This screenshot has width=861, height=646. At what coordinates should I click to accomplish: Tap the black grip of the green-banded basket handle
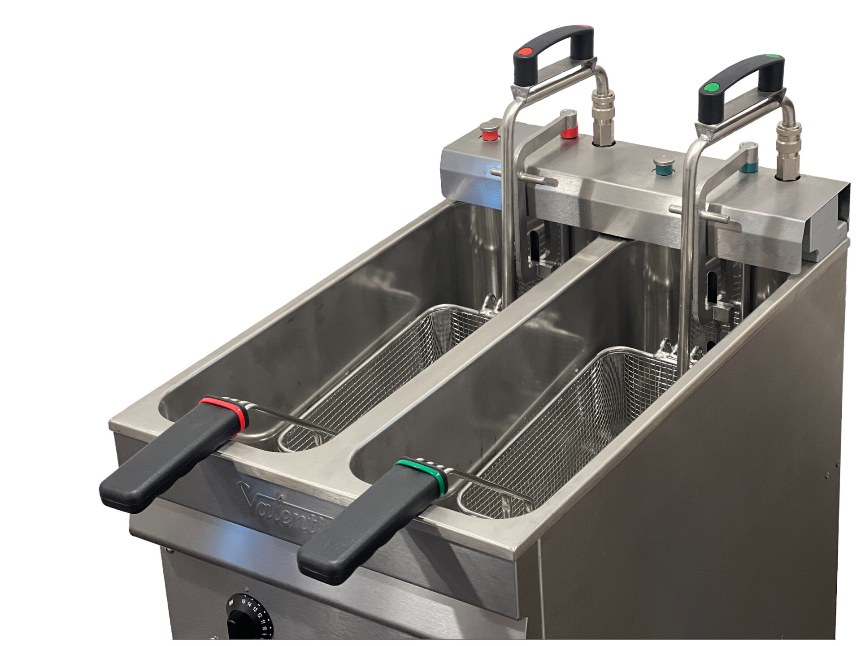point(368,525)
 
